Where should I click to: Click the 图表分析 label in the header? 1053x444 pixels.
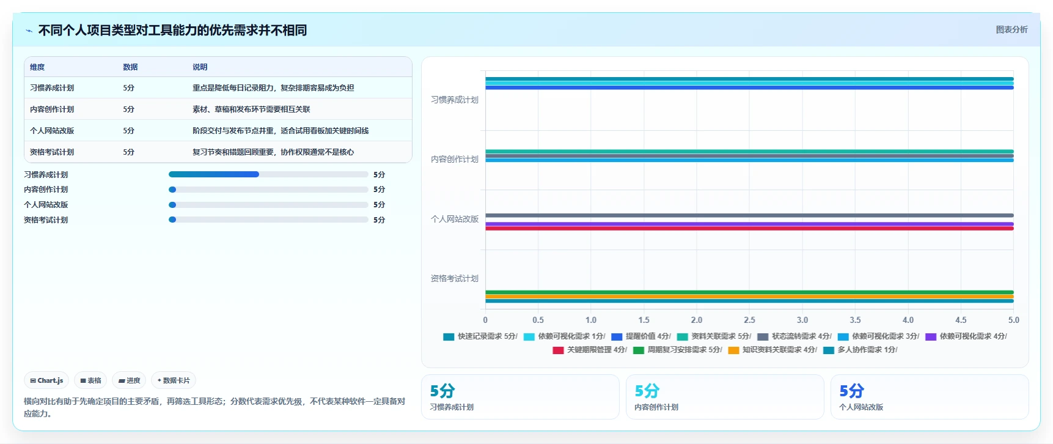(1011, 29)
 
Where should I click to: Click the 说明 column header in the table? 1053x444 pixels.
(200, 67)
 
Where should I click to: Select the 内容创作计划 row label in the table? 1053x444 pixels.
(52, 109)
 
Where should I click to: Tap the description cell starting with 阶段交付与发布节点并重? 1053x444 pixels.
(281, 131)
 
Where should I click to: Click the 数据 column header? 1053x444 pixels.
(130, 67)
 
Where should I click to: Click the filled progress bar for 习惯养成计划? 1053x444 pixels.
(214, 174)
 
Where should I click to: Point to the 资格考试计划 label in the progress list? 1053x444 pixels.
(46, 220)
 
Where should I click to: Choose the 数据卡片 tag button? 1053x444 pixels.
(174, 380)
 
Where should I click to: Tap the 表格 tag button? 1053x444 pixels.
(90, 380)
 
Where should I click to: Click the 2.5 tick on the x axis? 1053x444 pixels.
(749, 320)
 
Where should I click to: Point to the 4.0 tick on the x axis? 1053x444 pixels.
(908, 320)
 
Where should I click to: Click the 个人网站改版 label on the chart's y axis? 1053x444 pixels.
(455, 219)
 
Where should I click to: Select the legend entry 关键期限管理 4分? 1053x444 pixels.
(590, 350)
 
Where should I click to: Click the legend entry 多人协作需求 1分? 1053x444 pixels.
(860, 350)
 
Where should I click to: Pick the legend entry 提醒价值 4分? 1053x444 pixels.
(641, 336)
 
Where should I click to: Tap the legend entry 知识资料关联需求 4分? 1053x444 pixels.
(772, 350)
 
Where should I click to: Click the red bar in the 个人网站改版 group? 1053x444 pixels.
(749, 229)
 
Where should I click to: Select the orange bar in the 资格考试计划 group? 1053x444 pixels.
(749, 297)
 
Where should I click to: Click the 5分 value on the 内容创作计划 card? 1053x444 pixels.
(647, 391)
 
